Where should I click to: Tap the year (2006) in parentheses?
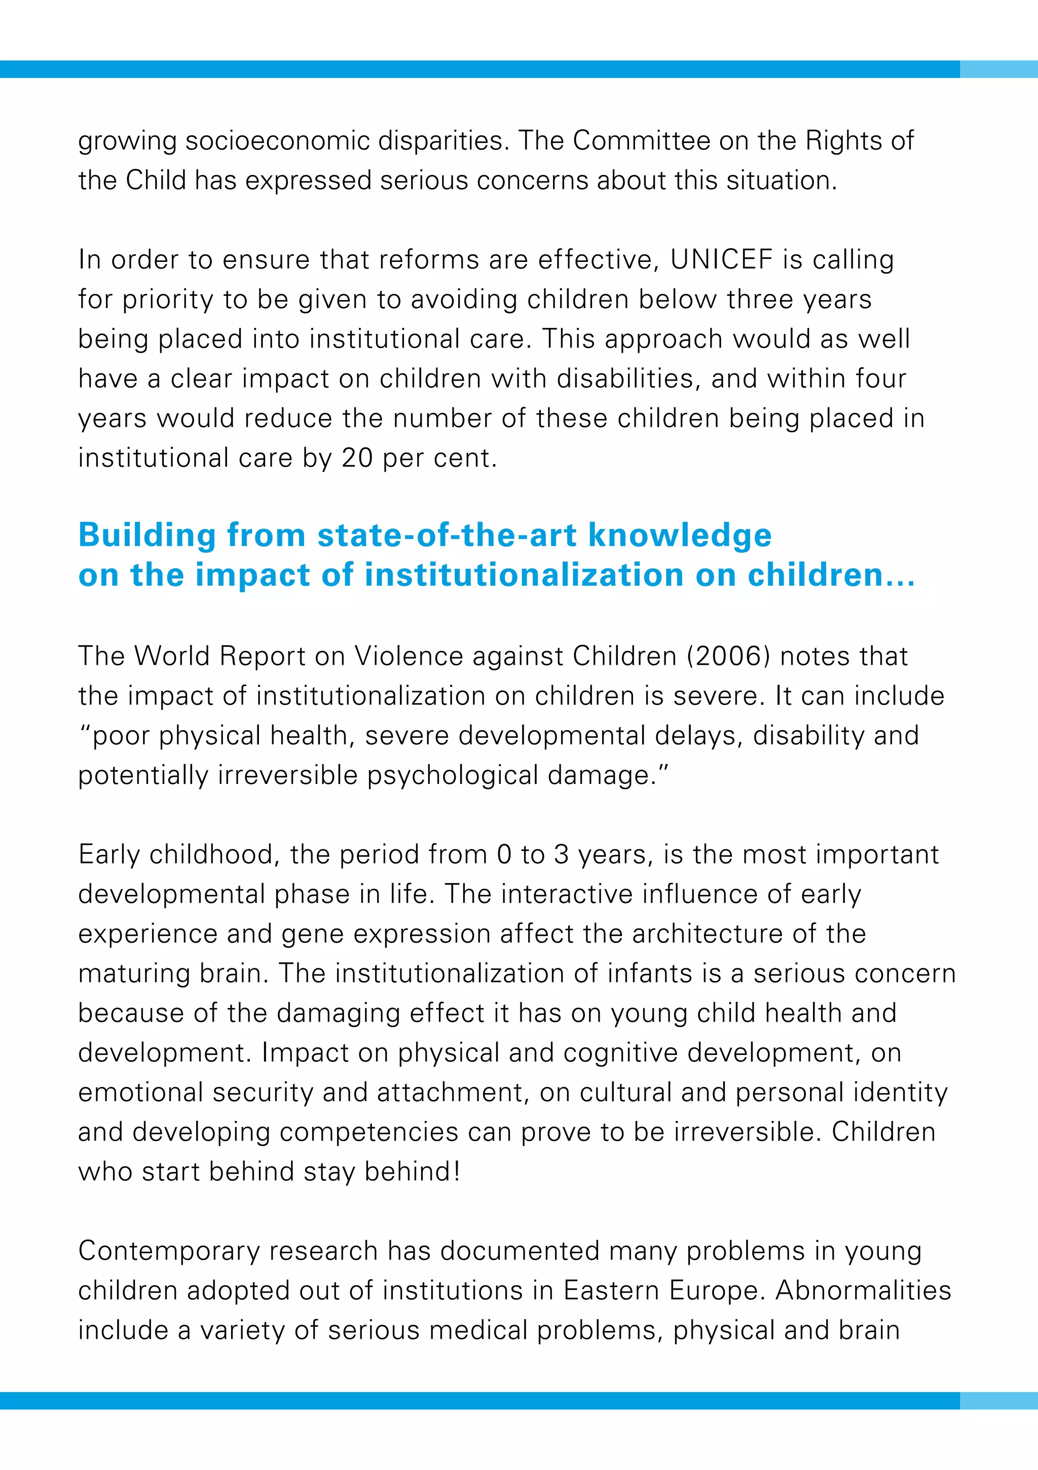pyautogui.click(x=728, y=656)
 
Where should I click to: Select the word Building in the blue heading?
pyautogui.click(x=147, y=535)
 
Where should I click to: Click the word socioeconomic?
pyautogui.click(x=277, y=141)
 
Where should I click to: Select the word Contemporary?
pyautogui.click(x=168, y=1252)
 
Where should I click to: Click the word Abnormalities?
pyautogui.click(x=863, y=1291)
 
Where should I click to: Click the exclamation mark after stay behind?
pyautogui.click(x=457, y=1172)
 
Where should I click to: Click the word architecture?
pyautogui.click(x=707, y=934)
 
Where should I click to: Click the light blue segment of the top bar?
pyautogui.click(x=998, y=69)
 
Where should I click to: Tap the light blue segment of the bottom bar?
pyautogui.click(x=998, y=1401)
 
